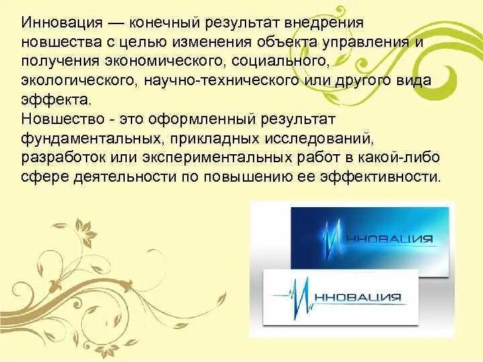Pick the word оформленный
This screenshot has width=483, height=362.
pyautogui.click(x=184, y=119)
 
